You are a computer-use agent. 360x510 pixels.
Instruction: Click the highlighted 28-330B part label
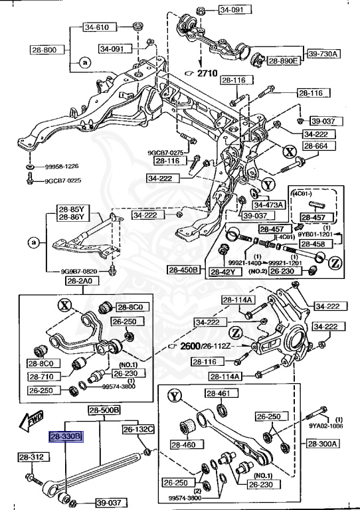point(65,436)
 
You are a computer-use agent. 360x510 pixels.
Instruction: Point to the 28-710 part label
point(43,377)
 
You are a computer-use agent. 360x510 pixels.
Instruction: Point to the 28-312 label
point(31,457)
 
